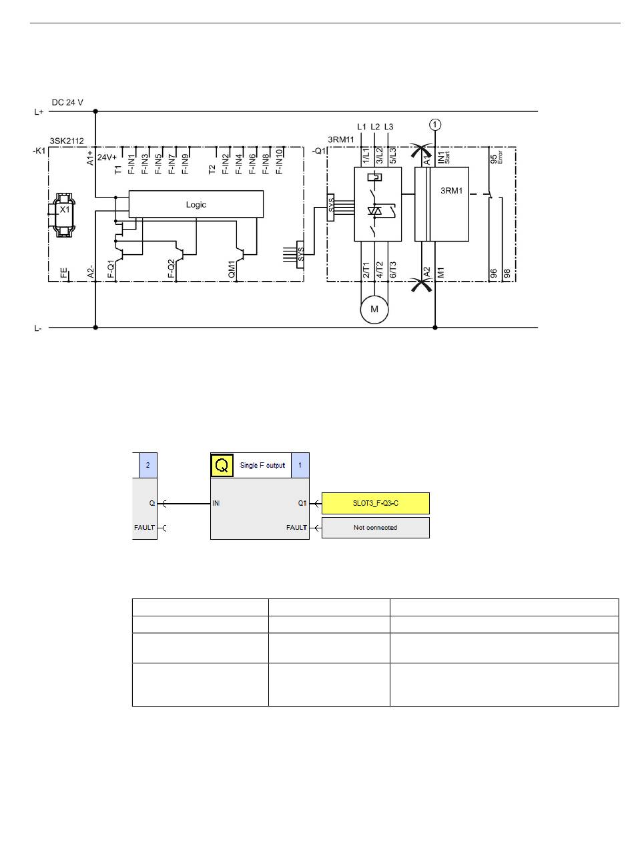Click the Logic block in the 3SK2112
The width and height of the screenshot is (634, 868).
tap(196, 204)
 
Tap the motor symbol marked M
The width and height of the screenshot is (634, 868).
tap(374, 309)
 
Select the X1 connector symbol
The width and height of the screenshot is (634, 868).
tap(64, 215)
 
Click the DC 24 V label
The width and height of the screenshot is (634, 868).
tap(67, 102)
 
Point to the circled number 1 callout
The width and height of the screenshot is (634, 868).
tap(435, 125)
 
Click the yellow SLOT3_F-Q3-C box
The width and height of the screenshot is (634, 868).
tap(375, 503)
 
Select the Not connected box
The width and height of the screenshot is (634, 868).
tap(375, 527)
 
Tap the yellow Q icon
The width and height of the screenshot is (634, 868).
tap(222, 465)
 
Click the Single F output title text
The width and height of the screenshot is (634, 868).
tap(262, 465)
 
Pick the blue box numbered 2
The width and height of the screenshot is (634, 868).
tap(148, 465)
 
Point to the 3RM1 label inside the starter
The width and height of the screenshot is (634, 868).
tap(451, 191)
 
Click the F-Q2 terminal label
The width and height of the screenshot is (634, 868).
tap(172, 268)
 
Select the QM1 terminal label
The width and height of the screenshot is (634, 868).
tap(232, 270)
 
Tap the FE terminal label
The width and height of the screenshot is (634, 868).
tap(64, 273)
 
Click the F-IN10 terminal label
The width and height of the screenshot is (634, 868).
tap(279, 161)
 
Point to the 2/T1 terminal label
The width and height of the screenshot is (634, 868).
tap(366, 270)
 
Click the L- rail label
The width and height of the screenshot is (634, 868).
tap(37, 329)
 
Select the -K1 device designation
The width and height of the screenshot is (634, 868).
tap(39, 151)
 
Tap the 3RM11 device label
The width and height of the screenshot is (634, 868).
tap(341, 139)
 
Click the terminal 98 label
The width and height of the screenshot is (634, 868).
tap(507, 274)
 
